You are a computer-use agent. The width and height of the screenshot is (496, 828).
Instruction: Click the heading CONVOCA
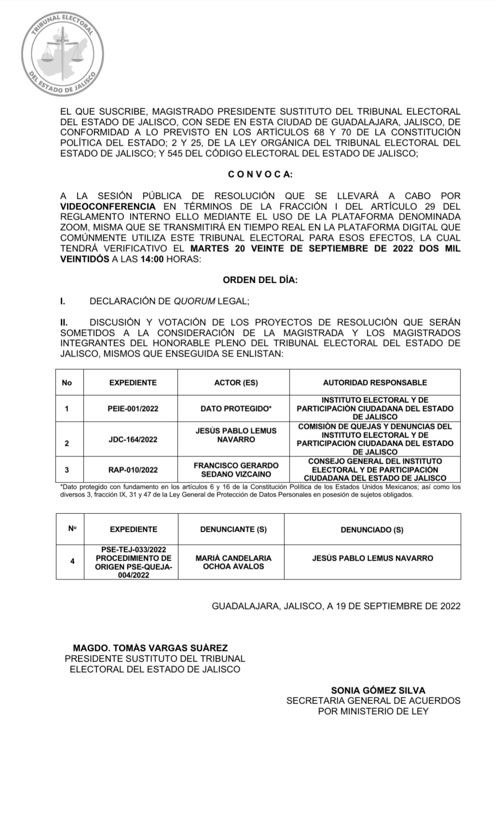click(x=260, y=175)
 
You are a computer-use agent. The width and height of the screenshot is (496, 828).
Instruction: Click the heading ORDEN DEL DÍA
click(x=260, y=280)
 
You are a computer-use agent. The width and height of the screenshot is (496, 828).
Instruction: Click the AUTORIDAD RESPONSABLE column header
click(x=375, y=383)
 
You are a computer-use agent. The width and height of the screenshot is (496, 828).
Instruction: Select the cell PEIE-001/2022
click(x=133, y=409)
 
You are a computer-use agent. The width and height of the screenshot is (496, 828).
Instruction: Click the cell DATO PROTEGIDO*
click(x=236, y=409)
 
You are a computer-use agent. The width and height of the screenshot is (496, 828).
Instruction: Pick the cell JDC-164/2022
click(x=133, y=440)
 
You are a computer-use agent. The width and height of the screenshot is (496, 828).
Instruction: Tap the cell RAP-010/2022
click(x=133, y=470)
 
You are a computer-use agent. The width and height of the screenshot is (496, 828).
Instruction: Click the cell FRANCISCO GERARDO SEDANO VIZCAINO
click(x=236, y=469)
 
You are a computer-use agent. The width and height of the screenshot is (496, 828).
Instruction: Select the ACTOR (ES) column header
click(x=236, y=383)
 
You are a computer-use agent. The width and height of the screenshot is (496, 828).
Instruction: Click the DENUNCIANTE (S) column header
click(x=234, y=529)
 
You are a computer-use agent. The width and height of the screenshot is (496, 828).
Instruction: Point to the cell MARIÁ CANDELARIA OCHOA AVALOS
click(x=234, y=562)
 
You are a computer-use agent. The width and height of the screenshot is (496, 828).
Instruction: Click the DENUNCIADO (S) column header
click(x=372, y=529)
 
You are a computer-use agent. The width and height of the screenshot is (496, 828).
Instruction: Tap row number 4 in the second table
click(x=72, y=561)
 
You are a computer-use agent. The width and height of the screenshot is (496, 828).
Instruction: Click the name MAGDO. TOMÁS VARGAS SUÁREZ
click(x=151, y=648)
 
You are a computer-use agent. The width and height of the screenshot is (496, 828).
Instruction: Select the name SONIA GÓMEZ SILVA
click(x=378, y=690)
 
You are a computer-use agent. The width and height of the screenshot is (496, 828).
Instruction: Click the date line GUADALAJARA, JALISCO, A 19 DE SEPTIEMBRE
click(x=336, y=606)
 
